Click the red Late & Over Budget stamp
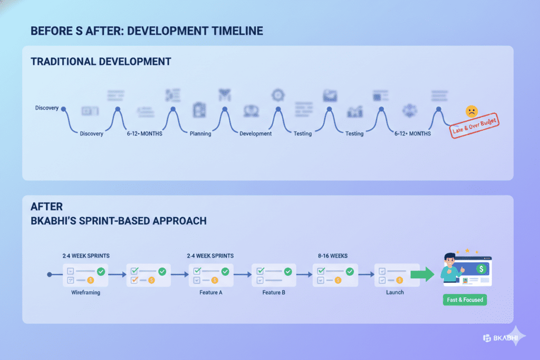click(475, 125)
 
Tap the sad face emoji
click(471, 111)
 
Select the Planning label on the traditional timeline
click(200, 133)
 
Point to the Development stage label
click(256, 133)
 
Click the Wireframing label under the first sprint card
click(85, 292)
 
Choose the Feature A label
click(210, 292)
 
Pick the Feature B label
click(274, 292)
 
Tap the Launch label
click(394, 292)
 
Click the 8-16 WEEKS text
click(333, 256)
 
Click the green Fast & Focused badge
click(464, 300)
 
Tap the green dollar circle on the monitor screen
click(480, 269)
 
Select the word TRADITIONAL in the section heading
click(64, 62)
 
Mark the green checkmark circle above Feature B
click(288, 271)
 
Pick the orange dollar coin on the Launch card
click(399, 280)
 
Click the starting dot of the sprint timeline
click(49, 275)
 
